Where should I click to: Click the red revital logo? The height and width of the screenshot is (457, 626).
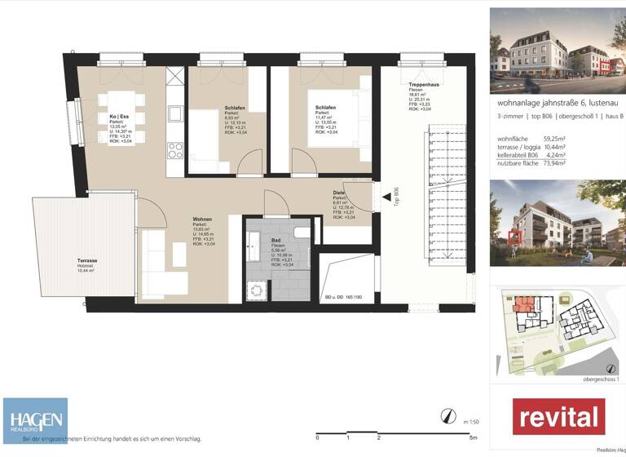coord(558,416)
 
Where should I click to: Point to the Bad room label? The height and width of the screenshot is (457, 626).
coord(277,241)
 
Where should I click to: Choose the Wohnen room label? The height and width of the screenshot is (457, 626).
coord(203,220)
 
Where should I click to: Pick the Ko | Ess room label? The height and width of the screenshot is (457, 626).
coord(120,117)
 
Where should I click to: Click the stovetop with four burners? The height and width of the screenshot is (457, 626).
coord(175,149)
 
